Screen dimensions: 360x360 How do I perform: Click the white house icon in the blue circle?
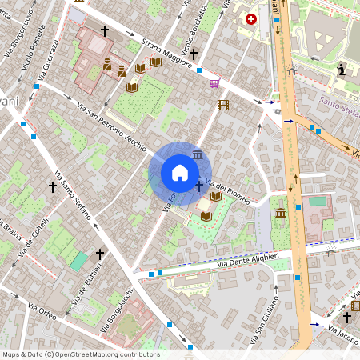[x=180, y=172]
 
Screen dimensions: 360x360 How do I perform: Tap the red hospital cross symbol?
[x=251, y=18]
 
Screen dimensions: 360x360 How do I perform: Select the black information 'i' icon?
[x=342, y=70]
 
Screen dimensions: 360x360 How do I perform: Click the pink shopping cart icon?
[x=214, y=83]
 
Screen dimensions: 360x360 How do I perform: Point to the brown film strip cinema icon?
[x=222, y=104]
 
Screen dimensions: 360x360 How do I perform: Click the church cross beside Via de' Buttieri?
[x=99, y=254]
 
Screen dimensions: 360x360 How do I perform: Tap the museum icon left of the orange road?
[x=281, y=213]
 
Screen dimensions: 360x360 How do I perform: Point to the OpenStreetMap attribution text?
[x=81, y=354]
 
